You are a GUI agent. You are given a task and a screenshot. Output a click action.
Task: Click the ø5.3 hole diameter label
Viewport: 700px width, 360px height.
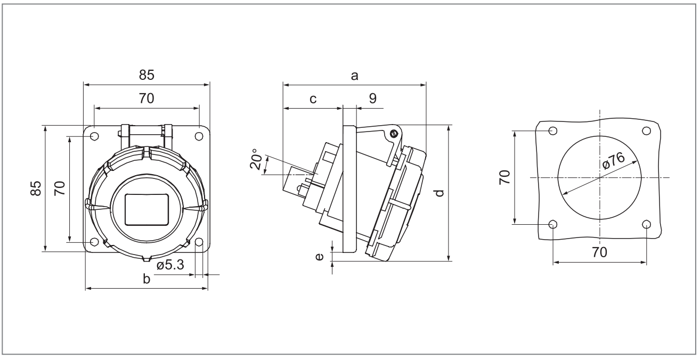170,265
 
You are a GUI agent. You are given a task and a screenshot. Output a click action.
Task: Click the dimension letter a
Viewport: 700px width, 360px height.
354,76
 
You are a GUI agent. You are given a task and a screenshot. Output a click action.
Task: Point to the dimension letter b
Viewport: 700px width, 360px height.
146,279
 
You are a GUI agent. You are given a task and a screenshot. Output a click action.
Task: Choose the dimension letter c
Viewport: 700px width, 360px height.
313,99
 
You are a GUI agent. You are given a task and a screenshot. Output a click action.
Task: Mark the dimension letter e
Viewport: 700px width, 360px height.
319,257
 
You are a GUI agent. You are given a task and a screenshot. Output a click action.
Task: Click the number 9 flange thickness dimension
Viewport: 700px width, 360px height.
372,98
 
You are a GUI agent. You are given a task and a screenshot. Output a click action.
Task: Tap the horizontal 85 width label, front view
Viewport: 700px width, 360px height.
146,76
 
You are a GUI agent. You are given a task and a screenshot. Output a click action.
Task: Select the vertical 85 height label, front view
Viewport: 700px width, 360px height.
35,188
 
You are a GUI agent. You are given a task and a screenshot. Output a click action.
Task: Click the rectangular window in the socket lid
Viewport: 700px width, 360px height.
146,210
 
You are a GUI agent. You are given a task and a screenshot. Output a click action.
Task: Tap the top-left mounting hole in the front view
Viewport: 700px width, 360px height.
94,136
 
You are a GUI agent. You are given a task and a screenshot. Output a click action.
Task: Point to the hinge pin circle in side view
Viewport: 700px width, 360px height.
394,134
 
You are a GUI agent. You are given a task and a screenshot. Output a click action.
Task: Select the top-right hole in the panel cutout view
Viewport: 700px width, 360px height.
646,130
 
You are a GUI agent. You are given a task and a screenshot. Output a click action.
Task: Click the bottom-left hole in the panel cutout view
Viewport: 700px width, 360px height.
553,224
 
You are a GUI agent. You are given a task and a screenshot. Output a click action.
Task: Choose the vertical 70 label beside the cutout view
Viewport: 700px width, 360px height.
504,177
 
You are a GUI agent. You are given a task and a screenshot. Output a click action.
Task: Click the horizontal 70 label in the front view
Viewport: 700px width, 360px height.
146,99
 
